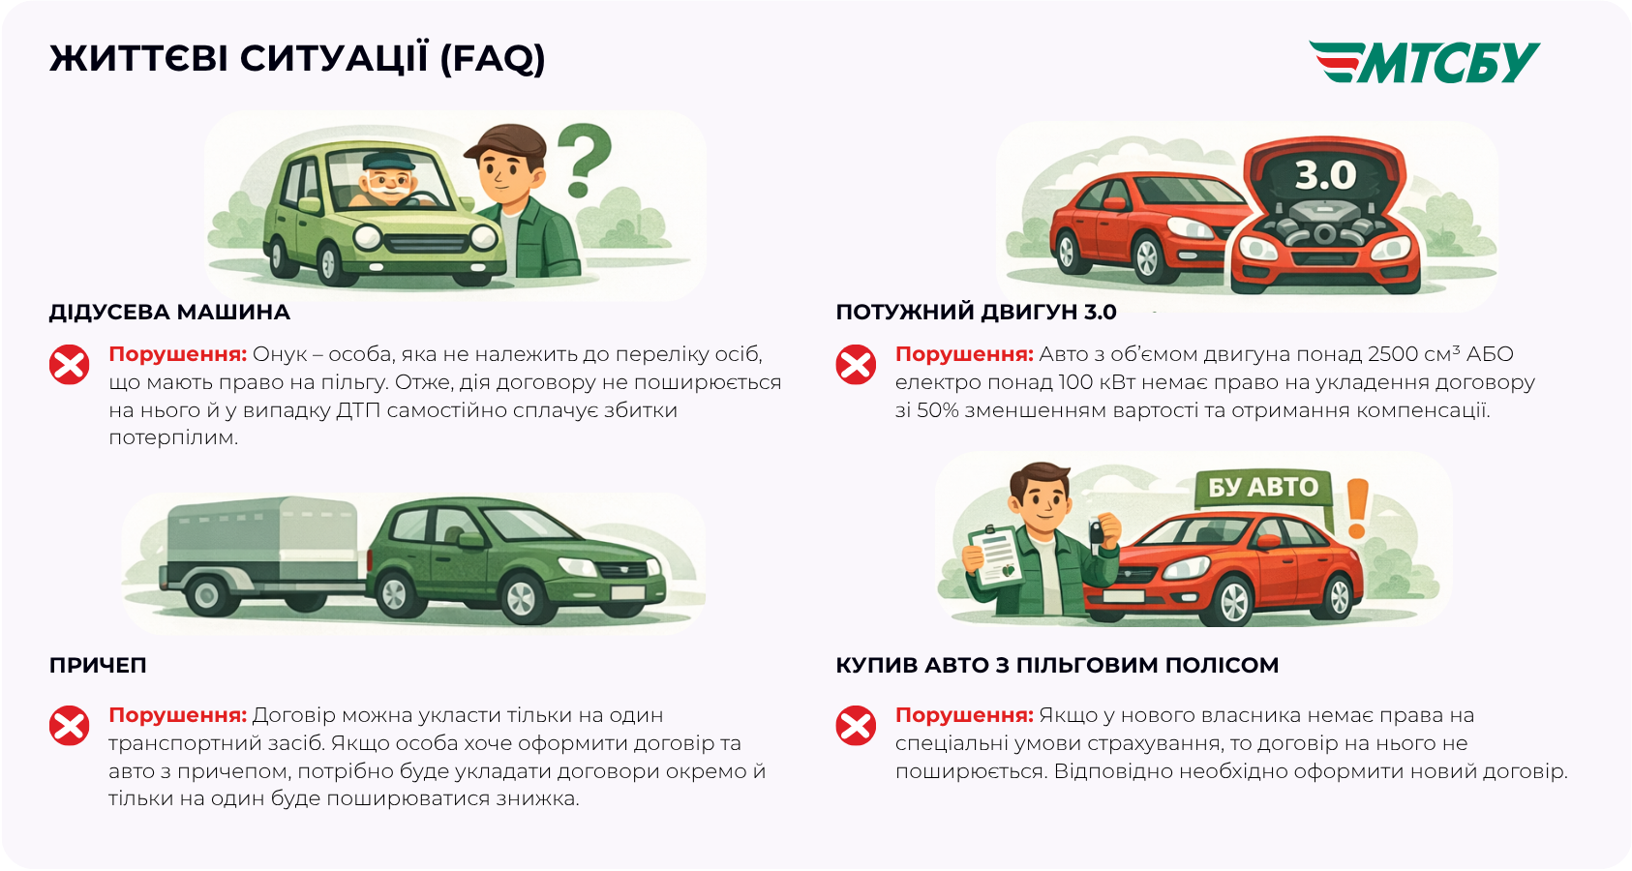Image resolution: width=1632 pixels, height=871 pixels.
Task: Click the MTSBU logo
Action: point(1424,62)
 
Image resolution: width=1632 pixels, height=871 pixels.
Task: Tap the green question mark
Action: point(585,159)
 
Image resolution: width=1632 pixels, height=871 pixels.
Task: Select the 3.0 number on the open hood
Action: point(1325,175)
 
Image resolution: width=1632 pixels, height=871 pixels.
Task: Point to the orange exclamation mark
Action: point(1357,508)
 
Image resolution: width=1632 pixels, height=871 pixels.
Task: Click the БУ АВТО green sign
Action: point(1263,487)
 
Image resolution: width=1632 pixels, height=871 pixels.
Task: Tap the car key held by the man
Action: point(1098,530)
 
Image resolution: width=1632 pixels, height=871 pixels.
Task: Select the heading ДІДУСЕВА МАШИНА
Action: point(169,313)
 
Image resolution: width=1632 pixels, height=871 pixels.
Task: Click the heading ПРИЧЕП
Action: point(98,665)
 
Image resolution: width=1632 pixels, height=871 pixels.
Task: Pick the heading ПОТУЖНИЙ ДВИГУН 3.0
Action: point(977,313)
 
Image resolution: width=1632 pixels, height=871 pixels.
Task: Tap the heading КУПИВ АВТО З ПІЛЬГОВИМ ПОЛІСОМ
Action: point(1057,665)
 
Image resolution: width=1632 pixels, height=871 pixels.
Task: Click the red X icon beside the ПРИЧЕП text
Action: point(70,725)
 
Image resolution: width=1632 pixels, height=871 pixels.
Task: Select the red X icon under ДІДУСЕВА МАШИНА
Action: point(70,364)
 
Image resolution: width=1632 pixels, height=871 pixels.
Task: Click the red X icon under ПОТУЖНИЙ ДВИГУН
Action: point(856,364)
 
